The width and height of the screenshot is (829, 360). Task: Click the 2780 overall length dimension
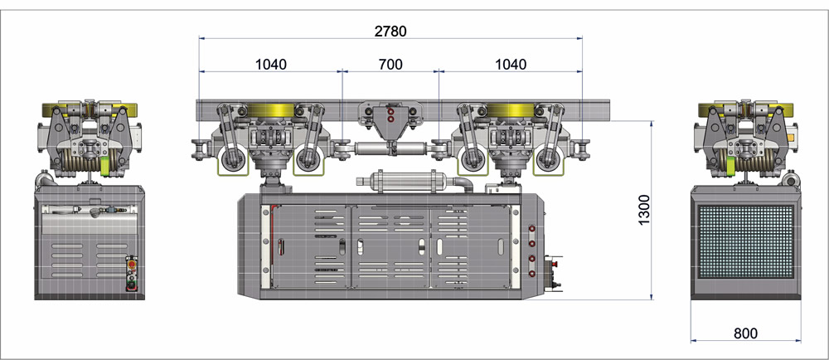[x=390, y=32]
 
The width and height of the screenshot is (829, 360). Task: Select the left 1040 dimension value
[x=271, y=65]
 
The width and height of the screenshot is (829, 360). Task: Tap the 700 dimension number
[x=390, y=65]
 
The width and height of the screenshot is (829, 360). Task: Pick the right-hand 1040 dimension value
[x=511, y=65]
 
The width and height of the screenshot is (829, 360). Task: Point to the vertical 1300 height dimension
[x=643, y=210]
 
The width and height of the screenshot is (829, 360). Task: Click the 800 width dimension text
[x=745, y=333]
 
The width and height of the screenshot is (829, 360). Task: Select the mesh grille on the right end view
[x=746, y=241]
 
